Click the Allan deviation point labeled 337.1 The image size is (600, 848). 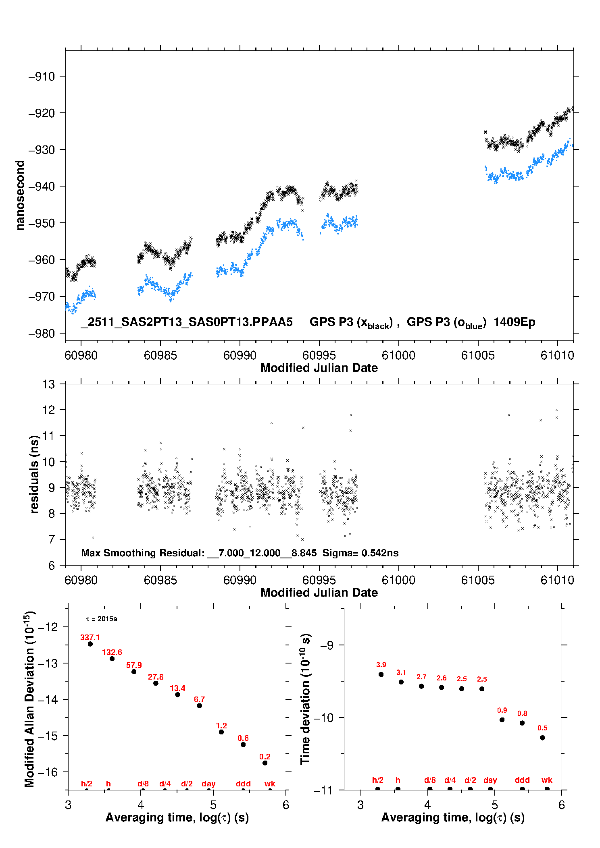point(90,644)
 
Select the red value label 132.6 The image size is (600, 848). point(112,652)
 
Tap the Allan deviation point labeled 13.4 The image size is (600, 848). point(177,695)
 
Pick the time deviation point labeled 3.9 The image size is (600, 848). point(381,674)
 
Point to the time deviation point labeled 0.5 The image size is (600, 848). point(542,738)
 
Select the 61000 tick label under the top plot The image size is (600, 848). point(398,355)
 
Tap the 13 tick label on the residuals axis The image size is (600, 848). point(48,384)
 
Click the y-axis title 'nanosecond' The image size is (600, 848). point(20,195)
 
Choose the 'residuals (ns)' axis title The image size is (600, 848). point(34,474)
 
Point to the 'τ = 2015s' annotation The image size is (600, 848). point(102,619)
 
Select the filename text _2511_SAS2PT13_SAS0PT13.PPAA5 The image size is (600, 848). point(186,322)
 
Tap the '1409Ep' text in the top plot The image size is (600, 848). point(514,322)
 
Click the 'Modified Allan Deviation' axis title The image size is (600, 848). point(29,699)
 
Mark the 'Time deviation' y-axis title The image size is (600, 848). point(305,699)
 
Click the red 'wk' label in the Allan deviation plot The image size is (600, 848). point(270,784)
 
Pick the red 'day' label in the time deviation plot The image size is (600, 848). point(490,780)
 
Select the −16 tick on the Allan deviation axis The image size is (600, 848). point(48,772)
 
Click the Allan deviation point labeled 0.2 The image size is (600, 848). point(265,763)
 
